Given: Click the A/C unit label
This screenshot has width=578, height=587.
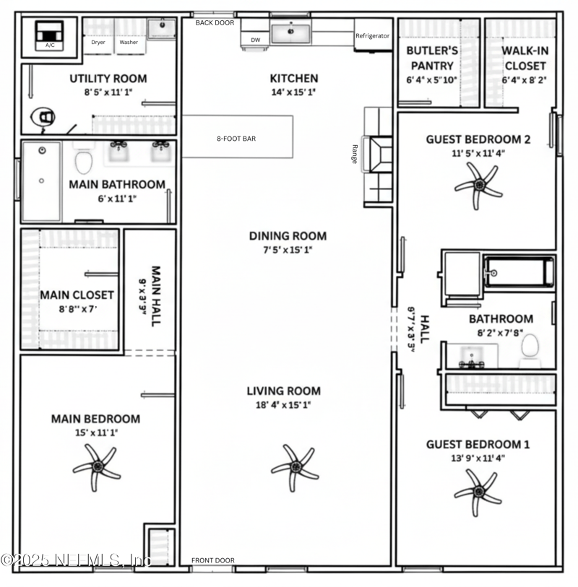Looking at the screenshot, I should pyautogui.click(x=50, y=45).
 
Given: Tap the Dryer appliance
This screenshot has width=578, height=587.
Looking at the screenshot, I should pyautogui.click(x=98, y=42).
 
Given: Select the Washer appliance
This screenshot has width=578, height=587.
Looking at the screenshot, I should pyautogui.click(x=129, y=42).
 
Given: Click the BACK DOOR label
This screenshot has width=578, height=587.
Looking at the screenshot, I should pyautogui.click(x=215, y=23).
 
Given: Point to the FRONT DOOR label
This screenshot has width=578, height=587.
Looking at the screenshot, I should pyautogui.click(x=212, y=560).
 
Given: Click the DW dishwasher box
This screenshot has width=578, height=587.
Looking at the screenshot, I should pyautogui.click(x=255, y=40).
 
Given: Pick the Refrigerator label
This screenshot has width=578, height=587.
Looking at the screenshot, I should pyautogui.click(x=372, y=36).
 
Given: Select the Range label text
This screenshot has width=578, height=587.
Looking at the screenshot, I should pyautogui.click(x=355, y=155).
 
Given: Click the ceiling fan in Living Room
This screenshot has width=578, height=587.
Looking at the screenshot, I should pyautogui.click(x=294, y=466).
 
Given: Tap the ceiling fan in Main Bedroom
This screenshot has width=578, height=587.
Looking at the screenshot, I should pyautogui.click(x=96, y=467).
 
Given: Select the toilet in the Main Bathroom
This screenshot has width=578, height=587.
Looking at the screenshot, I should pyautogui.click(x=84, y=162).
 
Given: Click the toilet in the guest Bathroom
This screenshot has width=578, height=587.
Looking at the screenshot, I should pyautogui.click(x=530, y=347).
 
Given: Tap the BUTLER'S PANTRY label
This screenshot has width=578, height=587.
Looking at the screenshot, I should pyautogui.click(x=431, y=58).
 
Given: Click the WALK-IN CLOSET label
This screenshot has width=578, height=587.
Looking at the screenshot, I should pyautogui.click(x=525, y=58).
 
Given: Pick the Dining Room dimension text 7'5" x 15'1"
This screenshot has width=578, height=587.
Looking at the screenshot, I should pyautogui.click(x=288, y=251).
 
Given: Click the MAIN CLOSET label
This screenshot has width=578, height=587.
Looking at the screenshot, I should pyautogui.click(x=77, y=295).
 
